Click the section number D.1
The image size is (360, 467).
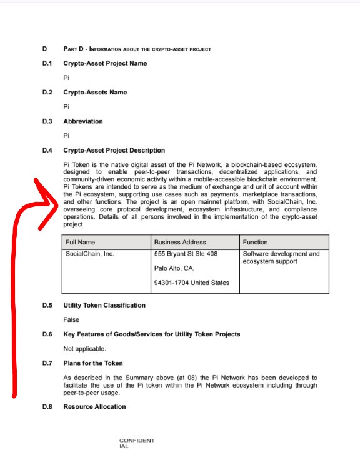[47, 63]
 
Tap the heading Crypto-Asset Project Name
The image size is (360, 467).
[105, 63]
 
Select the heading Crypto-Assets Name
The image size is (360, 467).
[95, 93]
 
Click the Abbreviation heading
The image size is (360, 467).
[83, 121]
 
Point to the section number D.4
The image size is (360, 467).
[47, 151]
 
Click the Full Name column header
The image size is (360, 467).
[79, 242]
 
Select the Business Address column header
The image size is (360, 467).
[180, 242]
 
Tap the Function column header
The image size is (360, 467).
[255, 242]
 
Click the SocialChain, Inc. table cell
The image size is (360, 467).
[89, 254]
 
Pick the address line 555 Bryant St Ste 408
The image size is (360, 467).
[186, 254]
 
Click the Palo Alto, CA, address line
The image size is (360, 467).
[174, 268]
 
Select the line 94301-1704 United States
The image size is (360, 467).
[192, 283]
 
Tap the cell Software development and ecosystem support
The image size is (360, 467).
[281, 257]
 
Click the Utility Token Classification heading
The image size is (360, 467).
[104, 305]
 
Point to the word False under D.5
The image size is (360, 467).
[71, 319]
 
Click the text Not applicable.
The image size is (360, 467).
[85, 349]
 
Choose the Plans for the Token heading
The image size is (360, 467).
[93, 363]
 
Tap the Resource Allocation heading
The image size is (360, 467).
[94, 407]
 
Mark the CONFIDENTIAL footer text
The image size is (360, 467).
[136, 443]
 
